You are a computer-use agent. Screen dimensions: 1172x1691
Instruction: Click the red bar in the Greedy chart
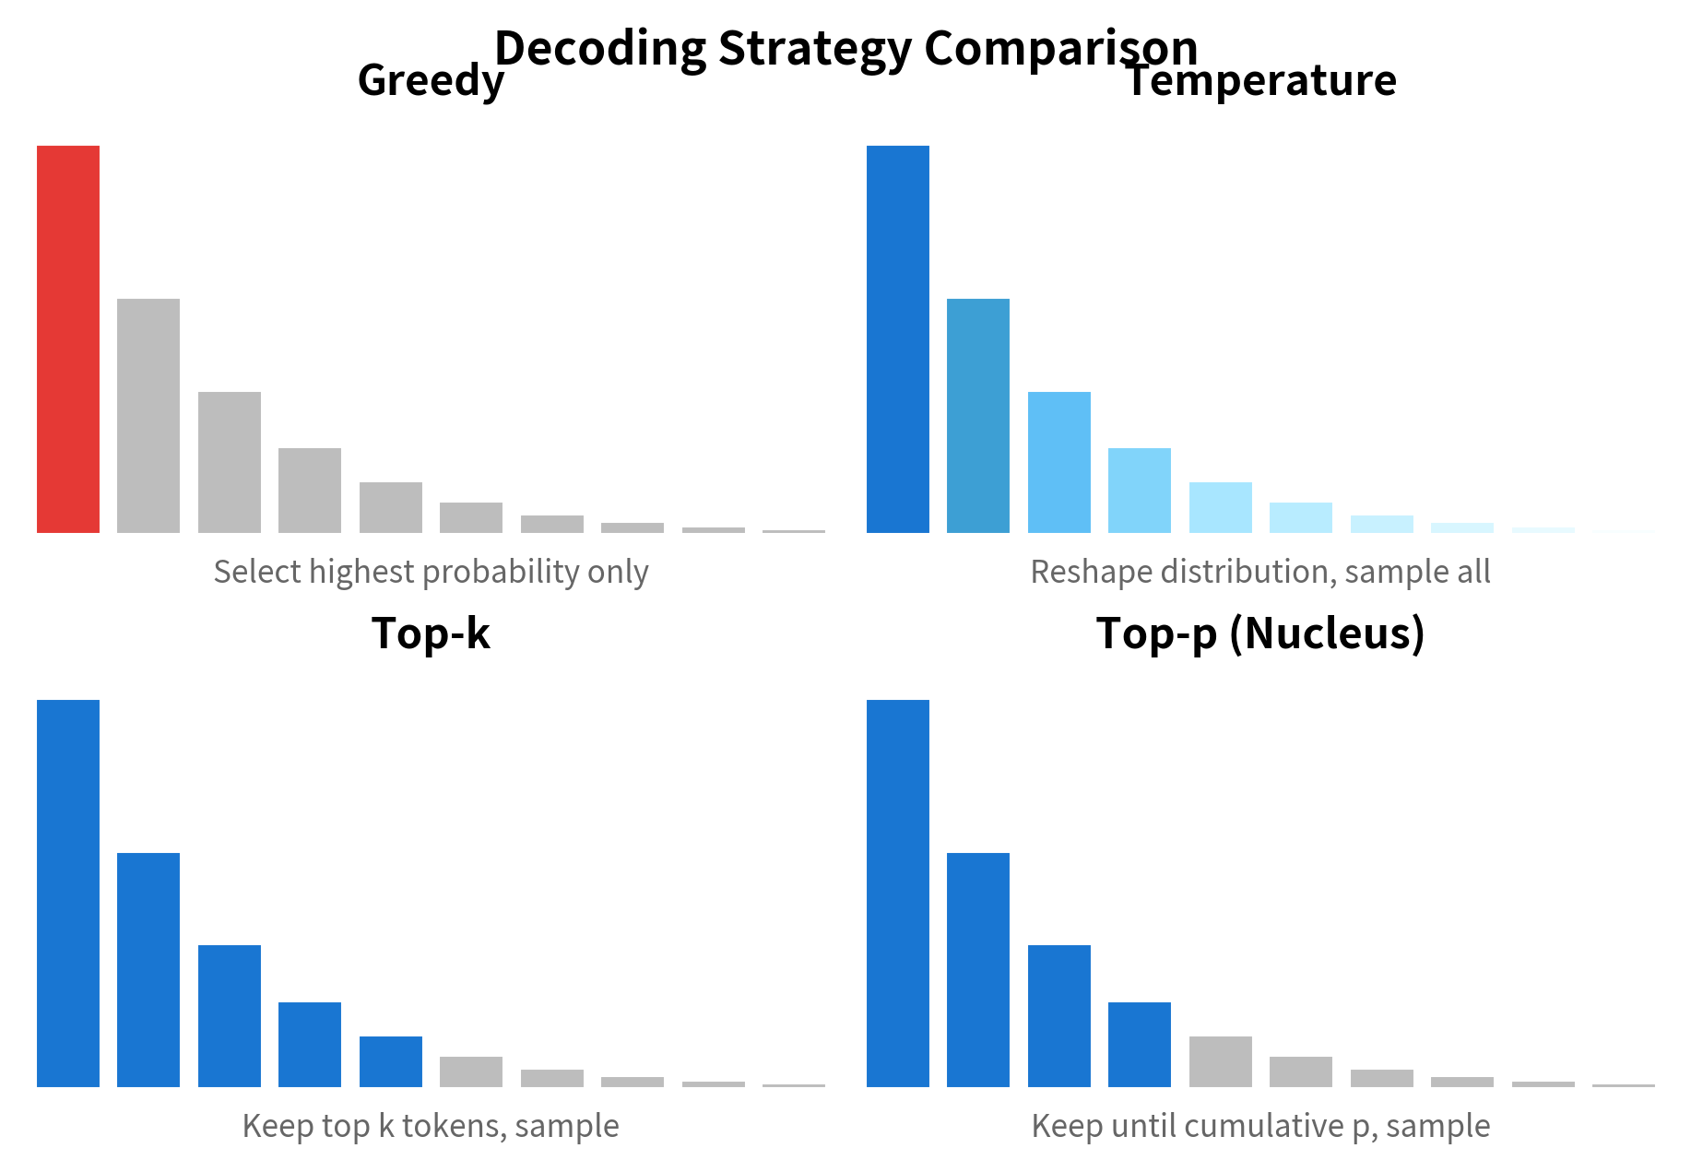(68, 339)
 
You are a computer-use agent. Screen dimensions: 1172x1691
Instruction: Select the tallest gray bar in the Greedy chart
(148, 416)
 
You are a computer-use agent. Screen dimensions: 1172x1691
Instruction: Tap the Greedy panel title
(431, 80)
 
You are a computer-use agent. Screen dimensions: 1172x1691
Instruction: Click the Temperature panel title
(1261, 80)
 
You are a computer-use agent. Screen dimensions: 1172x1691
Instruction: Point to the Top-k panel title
(431, 633)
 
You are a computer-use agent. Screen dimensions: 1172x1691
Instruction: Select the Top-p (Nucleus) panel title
(1260, 633)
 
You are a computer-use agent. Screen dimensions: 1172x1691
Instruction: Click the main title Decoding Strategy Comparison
(845, 47)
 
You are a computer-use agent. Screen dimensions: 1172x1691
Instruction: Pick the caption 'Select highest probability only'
(431, 572)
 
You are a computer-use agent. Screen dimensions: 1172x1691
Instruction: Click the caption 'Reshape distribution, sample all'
(1260, 572)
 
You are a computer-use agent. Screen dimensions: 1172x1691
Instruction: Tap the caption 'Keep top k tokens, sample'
(431, 1126)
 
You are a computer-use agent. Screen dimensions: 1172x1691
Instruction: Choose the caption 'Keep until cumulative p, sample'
(1260, 1126)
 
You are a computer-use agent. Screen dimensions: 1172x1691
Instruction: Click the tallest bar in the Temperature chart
(898, 339)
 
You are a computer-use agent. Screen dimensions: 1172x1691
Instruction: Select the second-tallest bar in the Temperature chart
(978, 416)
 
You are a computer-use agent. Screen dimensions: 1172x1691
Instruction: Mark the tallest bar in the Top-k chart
(68, 894)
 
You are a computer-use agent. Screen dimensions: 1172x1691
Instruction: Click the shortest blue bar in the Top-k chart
(391, 1061)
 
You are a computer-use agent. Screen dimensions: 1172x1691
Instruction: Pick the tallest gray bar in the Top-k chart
(471, 1071)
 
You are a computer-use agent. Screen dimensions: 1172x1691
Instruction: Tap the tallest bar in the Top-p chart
(898, 894)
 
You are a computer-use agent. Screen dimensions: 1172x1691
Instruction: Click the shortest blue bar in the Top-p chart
(1140, 1045)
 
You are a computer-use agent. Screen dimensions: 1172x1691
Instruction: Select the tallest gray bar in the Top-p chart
(1221, 1061)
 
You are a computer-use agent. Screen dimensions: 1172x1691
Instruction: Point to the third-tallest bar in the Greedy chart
(230, 462)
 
